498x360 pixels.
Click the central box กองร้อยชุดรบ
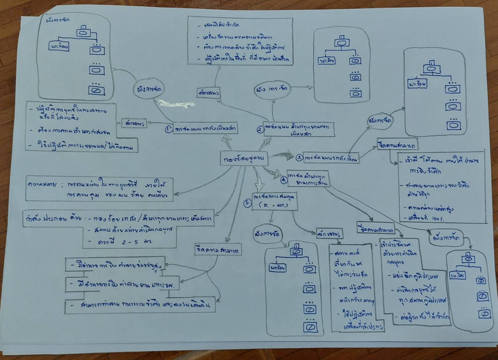(x=244, y=159)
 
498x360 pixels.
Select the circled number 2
(x=260, y=130)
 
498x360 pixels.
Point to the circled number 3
(x=299, y=158)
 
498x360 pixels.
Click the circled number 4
(x=284, y=180)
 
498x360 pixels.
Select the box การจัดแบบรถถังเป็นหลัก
(x=205, y=129)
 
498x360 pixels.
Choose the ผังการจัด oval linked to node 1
(x=149, y=89)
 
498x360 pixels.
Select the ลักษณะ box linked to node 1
(x=134, y=123)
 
